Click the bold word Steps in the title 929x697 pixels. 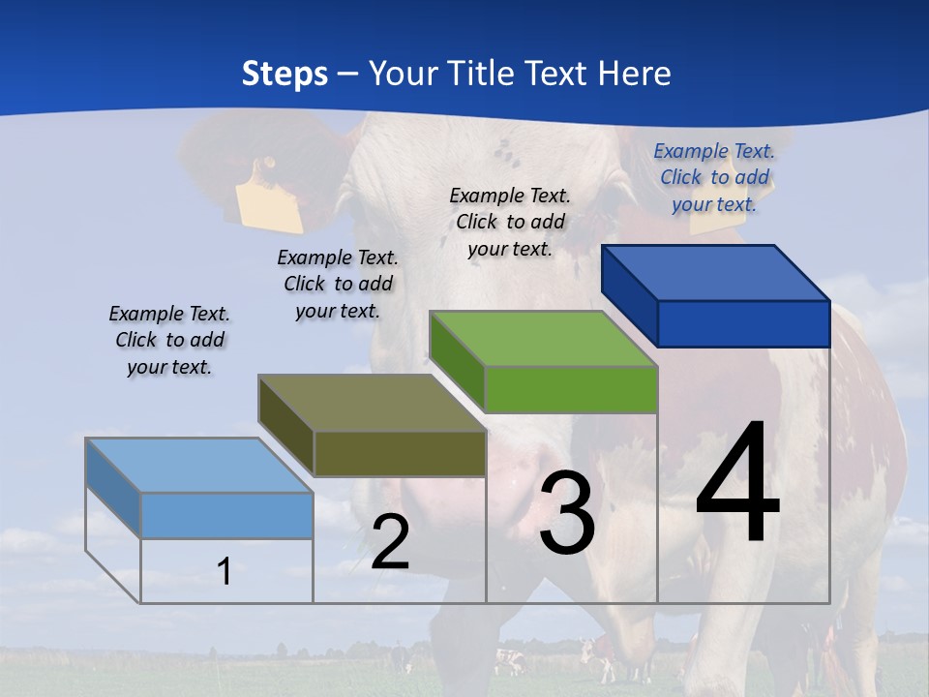click(x=285, y=74)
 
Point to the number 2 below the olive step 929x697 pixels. click(x=390, y=542)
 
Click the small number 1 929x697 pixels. click(x=225, y=571)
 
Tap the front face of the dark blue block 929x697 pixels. click(x=743, y=323)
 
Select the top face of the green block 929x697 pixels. click(x=544, y=339)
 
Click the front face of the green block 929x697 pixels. click(x=571, y=389)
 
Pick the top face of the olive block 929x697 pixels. click(x=372, y=403)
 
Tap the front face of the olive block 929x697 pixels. click(x=399, y=453)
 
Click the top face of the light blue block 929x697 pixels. click(x=199, y=466)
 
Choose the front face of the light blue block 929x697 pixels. click(x=226, y=515)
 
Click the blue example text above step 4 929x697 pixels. click(x=714, y=177)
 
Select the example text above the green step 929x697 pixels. click(x=510, y=222)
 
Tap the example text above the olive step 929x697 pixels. click(x=338, y=284)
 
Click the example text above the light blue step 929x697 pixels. click(x=169, y=340)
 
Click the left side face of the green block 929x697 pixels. click(x=457, y=362)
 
